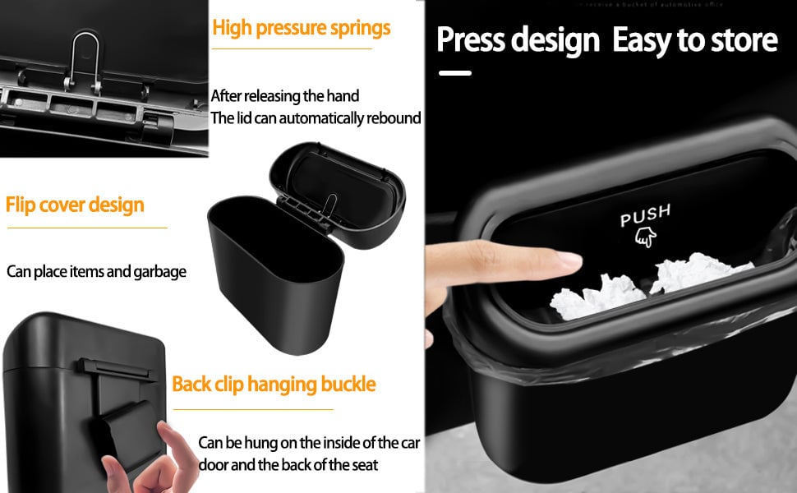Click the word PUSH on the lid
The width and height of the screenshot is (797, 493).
click(645, 216)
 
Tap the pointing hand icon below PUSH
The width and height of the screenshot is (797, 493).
click(646, 237)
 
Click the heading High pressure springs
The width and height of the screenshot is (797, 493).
click(301, 28)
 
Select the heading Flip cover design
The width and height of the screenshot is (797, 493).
click(75, 205)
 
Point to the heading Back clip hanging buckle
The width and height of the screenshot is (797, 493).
click(274, 384)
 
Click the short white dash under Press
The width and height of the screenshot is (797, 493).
click(455, 73)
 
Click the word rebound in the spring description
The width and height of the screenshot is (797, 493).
click(393, 118)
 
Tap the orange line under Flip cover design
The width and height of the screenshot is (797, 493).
click(85, 228)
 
